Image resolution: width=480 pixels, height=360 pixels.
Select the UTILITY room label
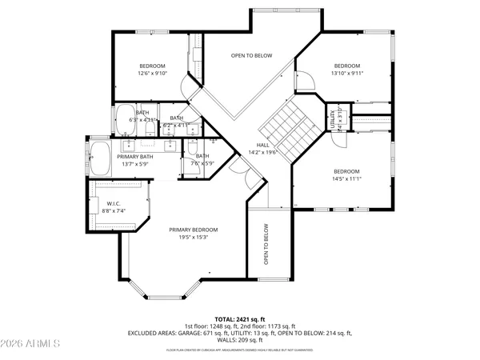point(332,118)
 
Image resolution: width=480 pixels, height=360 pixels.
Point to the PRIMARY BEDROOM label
point(193,230)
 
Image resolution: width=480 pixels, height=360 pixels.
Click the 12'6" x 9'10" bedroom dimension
point(152,74)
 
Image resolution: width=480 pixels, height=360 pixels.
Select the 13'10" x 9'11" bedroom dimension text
point(346,74)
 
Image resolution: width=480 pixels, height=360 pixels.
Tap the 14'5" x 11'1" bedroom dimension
point(346,179)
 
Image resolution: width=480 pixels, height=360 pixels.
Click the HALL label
point(262,144)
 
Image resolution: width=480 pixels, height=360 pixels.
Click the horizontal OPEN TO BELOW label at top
point(252,55)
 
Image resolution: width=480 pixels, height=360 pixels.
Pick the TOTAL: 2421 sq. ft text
point(240,318)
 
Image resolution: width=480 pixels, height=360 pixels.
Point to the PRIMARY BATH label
point(134,157)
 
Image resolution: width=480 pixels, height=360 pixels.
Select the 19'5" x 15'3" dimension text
point(193,237)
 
